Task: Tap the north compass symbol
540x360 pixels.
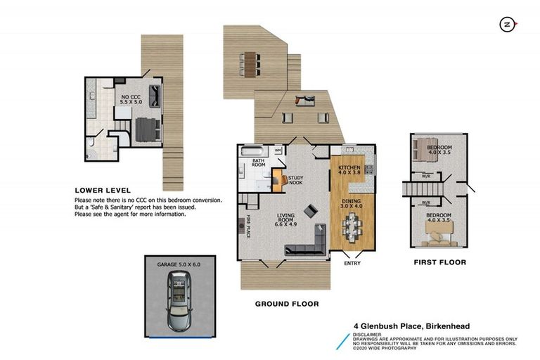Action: (505, 25)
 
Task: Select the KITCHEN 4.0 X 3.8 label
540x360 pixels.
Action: (349, 169)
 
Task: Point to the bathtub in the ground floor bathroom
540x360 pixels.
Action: (252, 150)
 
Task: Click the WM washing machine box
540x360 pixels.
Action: (278, 150)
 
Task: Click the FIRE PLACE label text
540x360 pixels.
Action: (248, 226)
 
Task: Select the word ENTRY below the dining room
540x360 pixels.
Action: (352, 264)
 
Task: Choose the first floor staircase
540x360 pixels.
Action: (415, 190)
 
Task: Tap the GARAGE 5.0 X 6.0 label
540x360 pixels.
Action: (178, 264)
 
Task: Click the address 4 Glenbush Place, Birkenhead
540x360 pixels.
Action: (411, 326)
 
